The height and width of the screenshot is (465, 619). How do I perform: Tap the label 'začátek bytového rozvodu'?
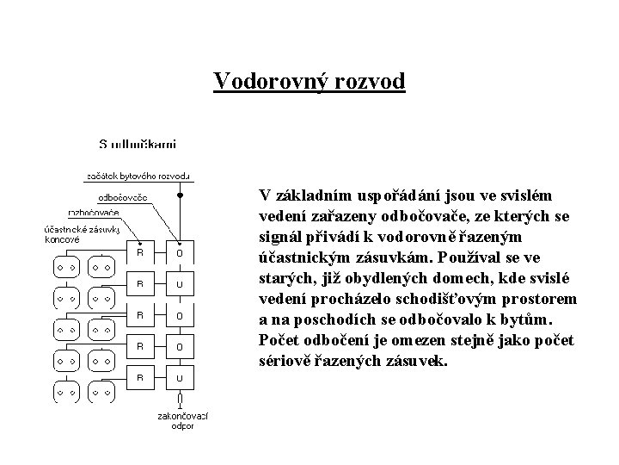pyautogui.click(x=137, y=177)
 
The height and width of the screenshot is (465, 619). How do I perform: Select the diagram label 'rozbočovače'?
pyautogui.click(x=94, y=212)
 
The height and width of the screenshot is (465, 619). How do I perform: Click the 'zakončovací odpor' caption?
pyautogui.click(x=181, y=420)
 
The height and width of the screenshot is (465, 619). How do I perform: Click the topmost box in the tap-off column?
pyautogui.click(x=180, y=252)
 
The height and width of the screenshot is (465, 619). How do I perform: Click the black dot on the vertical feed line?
pyautogui.click(x=180, y=195)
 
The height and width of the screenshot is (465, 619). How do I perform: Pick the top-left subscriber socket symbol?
pyautogui.click(x=65, y=268)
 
